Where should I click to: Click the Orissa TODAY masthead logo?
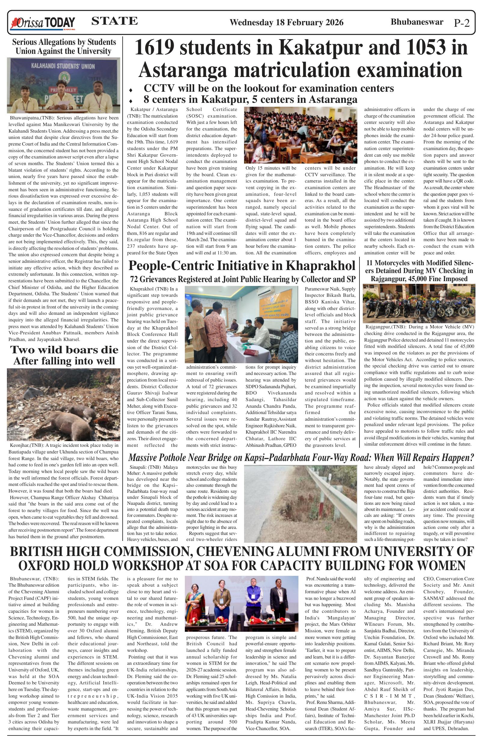[43, 23]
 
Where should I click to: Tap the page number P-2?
[462, 23]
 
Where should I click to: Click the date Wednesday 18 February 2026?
[286, 23]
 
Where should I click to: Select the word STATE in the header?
[114, 21]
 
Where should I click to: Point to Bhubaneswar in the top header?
[417, 22]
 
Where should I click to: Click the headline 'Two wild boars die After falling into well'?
[64, 355]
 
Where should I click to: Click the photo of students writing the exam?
[300, 135]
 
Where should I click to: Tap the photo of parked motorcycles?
[419, 303]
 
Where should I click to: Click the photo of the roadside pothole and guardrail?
[300, 504]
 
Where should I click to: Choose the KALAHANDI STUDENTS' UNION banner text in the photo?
[63, 66]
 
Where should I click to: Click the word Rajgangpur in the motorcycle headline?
[388, 279]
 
